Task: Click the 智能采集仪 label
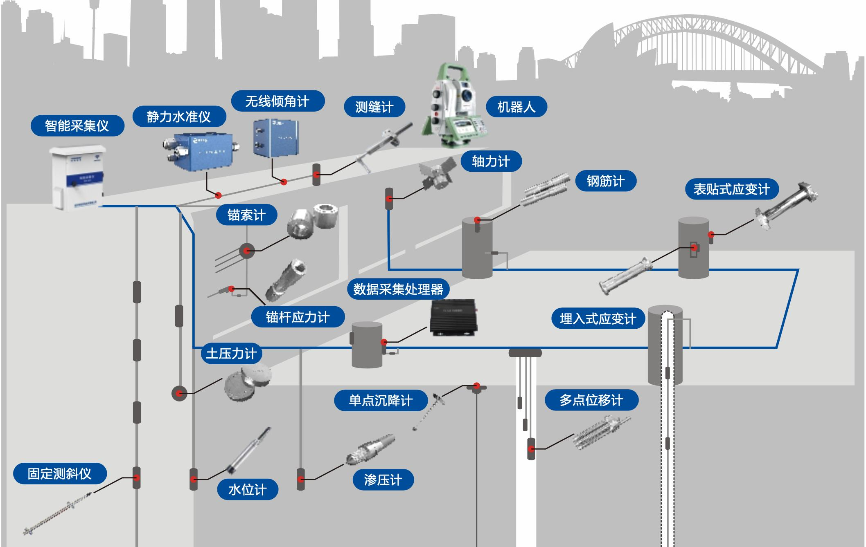click(77, 126)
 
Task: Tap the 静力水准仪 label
click(179, 117)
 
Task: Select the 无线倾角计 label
click(277, 101)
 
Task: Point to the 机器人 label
click(516, 107)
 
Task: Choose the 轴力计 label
click(491, 161)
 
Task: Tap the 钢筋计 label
click(605, 181)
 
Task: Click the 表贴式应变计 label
click(731, 189)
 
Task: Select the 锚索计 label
click(246, 215)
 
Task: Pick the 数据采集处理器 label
click(398, 289)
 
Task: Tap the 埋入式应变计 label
click(598, 318)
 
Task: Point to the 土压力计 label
click(231, 353)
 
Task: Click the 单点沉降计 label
click(381, 400)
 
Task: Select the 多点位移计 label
click(591, 400)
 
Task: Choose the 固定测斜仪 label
click(60, 473)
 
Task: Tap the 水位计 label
click(247, 489)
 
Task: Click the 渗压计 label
click(383, 480)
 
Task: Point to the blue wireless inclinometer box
click(275, 138)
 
